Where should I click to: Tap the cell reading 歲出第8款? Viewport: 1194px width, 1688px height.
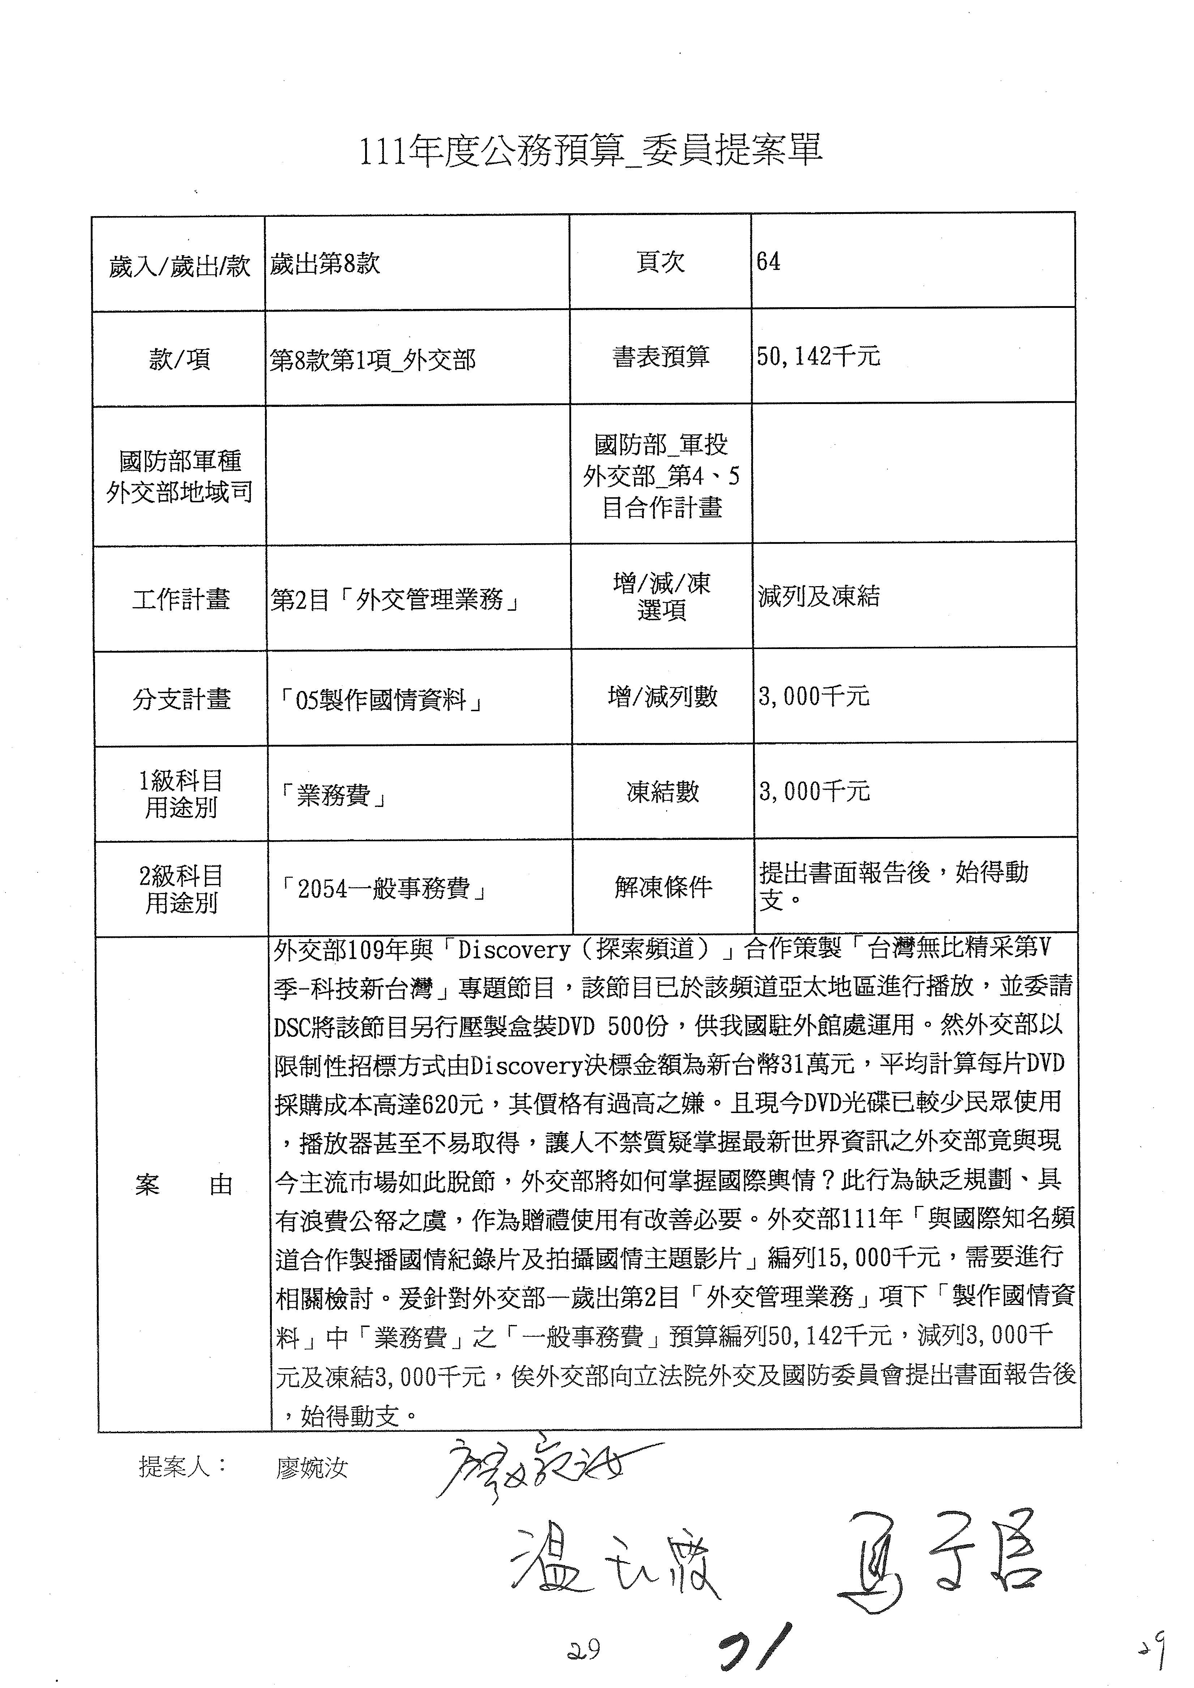[325, 263]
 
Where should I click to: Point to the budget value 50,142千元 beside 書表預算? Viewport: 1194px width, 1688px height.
[818, 357]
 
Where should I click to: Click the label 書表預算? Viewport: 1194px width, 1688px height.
[660, 357]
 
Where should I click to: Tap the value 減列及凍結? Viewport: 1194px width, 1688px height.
[818, 596]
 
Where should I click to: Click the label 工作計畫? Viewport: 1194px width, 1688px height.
[181, 599]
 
